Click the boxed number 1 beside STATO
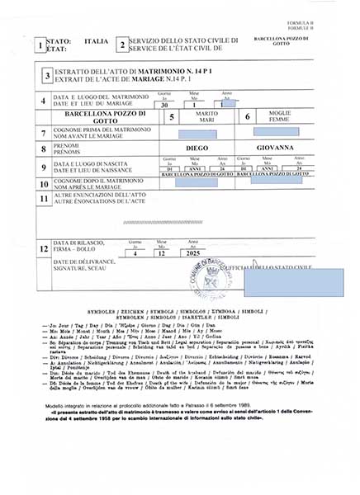point(41,46)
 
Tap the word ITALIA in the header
point(97,40)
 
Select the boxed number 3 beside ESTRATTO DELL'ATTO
point(48,75)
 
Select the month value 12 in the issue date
point(162,254)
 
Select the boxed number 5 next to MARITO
point(172,117)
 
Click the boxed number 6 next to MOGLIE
point(247,117)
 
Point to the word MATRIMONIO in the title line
point(147,72)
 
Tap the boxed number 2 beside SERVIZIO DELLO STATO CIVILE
point(121,45)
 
